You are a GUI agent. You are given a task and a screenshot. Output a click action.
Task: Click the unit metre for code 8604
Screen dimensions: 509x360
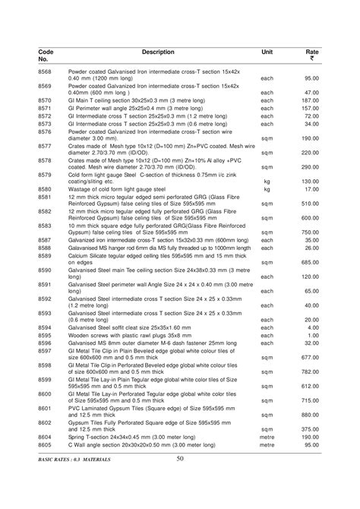pyautogui.click(x=267, y=438)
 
